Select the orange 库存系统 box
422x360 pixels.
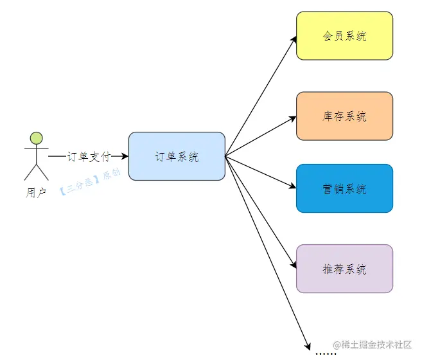click(x=344, y=116)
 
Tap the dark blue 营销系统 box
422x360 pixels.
click(x=344, y=188)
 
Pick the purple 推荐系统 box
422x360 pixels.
click(x=344, y=269)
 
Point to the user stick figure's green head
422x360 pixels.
click(x=37, y=137)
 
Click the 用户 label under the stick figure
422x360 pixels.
click(x=36, y=192)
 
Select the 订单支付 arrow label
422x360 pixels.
click(x=89, y=156)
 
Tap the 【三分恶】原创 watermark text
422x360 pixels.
click(x=89, y=183)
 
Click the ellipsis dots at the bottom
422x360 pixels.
click(x=326, y=352)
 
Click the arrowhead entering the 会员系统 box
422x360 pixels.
click(x=294, y=39)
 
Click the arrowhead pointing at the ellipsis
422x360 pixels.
click(x=308, y=345)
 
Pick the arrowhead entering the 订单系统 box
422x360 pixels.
click(x=125, y=156)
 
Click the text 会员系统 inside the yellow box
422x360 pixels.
click(x=344, y=36)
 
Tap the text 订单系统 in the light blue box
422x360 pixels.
click(x=177, y=156)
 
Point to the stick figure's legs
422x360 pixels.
click(x=36, y=171)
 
